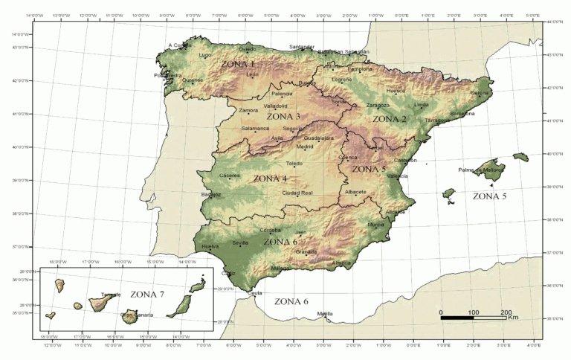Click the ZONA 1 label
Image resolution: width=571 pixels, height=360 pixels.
pos(242,65)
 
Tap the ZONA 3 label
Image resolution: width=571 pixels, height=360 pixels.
pos(283,117)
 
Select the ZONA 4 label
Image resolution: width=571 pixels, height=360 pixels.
pos(270,179)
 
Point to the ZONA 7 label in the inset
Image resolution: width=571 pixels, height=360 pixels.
pos(147,295)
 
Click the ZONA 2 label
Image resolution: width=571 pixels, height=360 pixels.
pos(390,119)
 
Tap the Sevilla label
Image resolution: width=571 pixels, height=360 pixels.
pos(240,242)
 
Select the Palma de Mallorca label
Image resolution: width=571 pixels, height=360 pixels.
pos(480,170)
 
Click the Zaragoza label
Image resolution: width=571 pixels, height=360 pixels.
pos(378,106)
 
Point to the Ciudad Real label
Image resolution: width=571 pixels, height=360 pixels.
pos(297,193)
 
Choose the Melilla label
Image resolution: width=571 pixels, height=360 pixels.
pos(325,314)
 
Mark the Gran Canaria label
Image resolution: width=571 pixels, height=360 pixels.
pos(137,315)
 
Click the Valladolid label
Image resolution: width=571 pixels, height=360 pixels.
pos(276,106)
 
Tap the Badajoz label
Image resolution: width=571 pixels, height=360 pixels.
pos(211,194)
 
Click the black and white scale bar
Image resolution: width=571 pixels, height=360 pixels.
pos(473,318)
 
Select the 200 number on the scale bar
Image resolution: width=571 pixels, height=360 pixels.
pos(506,312)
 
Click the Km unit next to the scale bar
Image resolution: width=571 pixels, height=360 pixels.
pos(513,318)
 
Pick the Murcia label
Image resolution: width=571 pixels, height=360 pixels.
pos(376,225)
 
